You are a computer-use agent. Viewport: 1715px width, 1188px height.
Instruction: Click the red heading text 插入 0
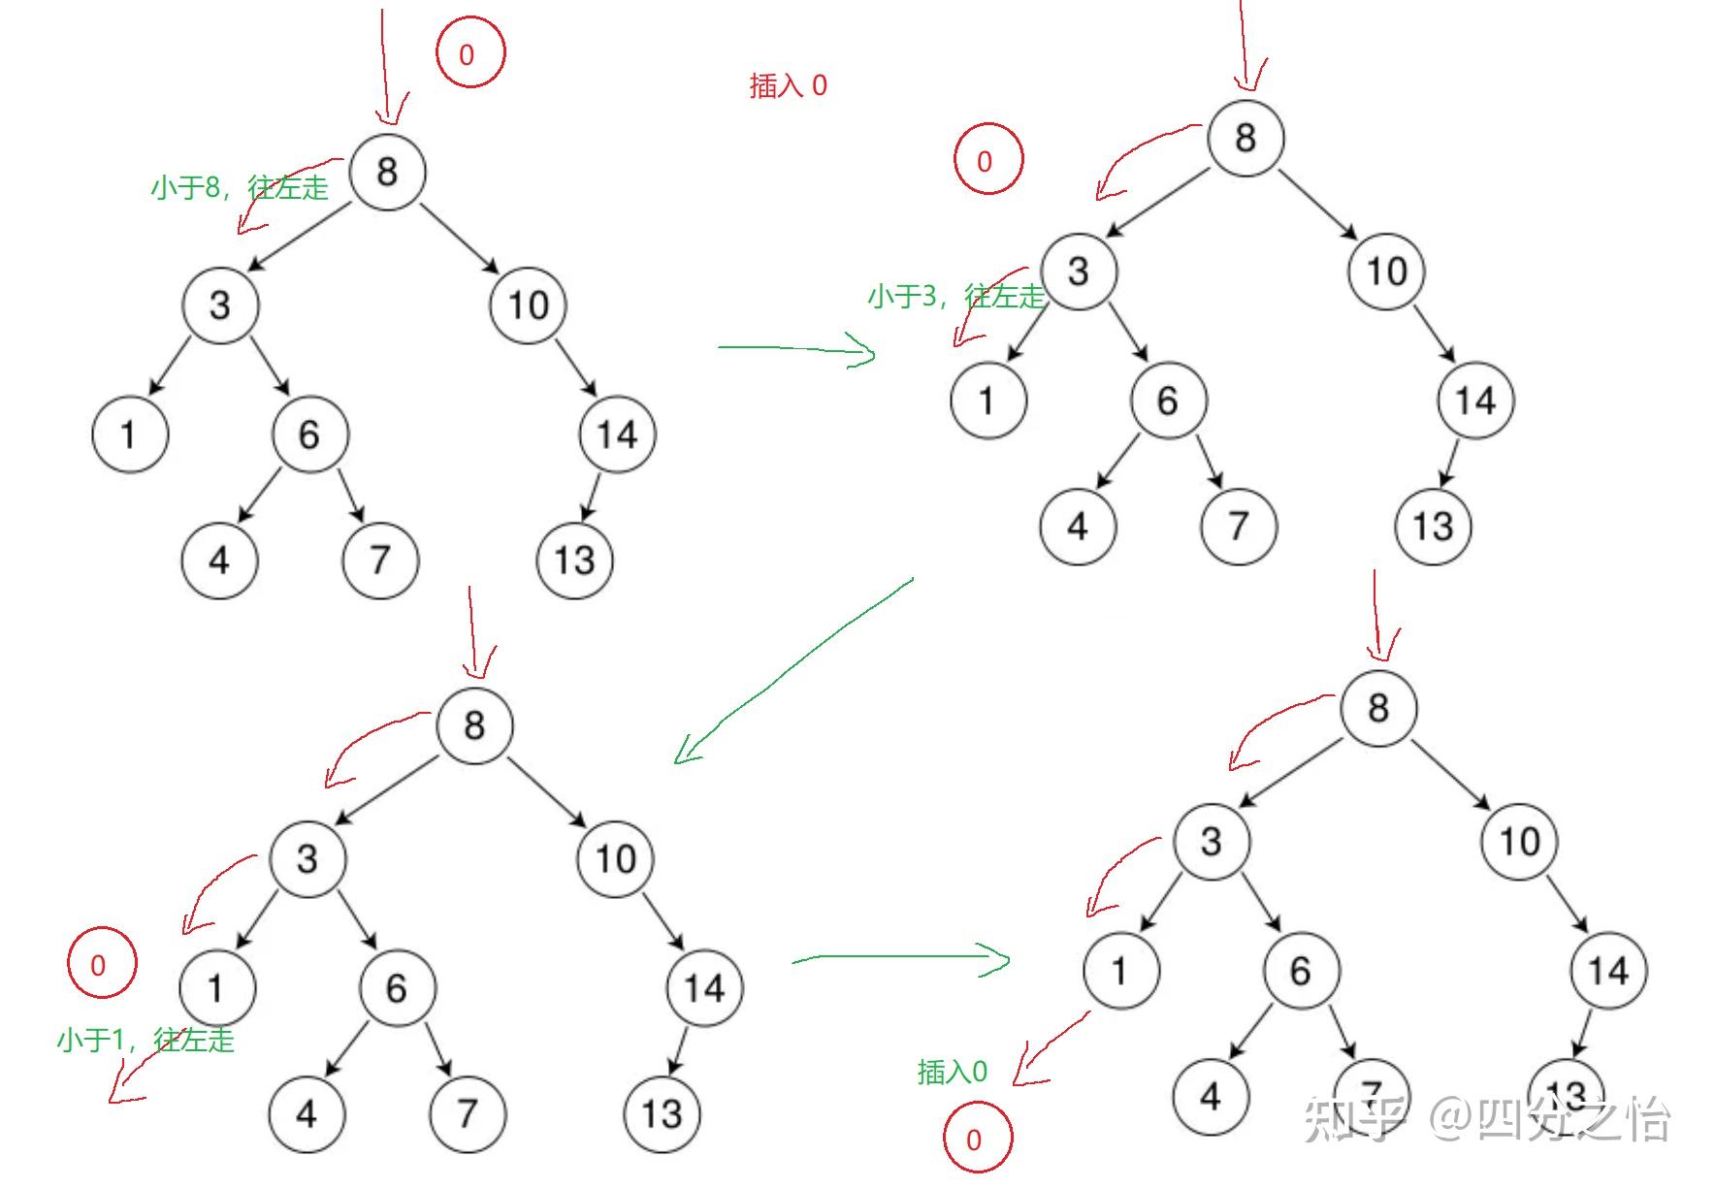coord(788,86)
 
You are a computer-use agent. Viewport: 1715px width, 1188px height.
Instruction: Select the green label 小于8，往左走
coord(240,186)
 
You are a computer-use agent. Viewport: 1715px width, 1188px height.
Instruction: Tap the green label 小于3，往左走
coord(955,296)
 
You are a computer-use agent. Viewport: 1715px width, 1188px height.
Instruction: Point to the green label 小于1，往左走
coord(146,1040)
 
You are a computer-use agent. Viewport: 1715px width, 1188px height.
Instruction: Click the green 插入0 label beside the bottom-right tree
coord(952,1072)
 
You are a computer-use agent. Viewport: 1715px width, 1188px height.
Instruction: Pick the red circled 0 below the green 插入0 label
coord(977,1140)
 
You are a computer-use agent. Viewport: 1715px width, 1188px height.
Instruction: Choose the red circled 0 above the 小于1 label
coord(100,964)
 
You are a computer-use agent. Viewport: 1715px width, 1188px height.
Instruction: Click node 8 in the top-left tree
coord(386,172)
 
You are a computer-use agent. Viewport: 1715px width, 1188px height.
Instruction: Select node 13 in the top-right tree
coord(1433,527)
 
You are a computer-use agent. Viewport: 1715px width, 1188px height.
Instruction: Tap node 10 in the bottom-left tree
coord(615,858)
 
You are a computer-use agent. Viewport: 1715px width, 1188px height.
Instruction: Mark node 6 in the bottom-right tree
coord(1301,971)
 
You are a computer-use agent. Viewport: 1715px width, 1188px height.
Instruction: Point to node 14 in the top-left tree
coord(617,434)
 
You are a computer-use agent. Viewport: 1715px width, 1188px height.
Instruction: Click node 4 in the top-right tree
coord(1078,527)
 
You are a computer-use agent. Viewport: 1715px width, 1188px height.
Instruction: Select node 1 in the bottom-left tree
coord(216,987)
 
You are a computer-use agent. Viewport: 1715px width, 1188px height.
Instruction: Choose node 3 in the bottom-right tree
coord(1211,841)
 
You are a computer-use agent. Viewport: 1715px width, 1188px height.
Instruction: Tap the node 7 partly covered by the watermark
coord(1371,1094)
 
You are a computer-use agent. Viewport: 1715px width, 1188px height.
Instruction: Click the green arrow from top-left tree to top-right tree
coord(795,349)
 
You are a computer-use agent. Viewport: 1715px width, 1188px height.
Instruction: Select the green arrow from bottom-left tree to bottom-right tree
coord(902,959)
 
